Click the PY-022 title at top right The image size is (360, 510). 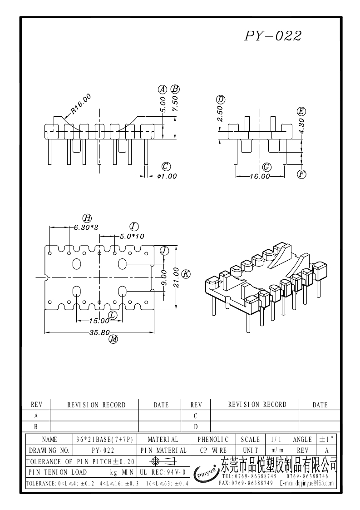pyautogui.click(x=273, y=36)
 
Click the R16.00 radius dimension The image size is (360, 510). pyautogui.click(x=80, y=104)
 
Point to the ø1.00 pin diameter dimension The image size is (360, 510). pyautogui.click(x=167, y=176)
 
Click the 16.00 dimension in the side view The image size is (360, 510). pyautogui.click(x=259, y=176)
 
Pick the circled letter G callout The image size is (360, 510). pyautogui.click(x=267, y=166)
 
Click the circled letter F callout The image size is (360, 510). pyautogui.click(x=301, y=173)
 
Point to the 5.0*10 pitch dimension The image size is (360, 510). pyautogui.click(x=132, y=236)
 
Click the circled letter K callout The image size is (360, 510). pyautogui.click(x=186, y=273)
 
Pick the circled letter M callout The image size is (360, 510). pyautogui.click(x=113, y=339)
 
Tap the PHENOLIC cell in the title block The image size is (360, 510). pyautogui.click(x=213, y=439)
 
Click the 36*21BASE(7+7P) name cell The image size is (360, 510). pyautogui.click(x=104, y=439)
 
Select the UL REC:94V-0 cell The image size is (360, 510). pyautogui.click(x=163, y=472)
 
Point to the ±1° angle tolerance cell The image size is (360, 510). pyautogui.click(x=326, y=439)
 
